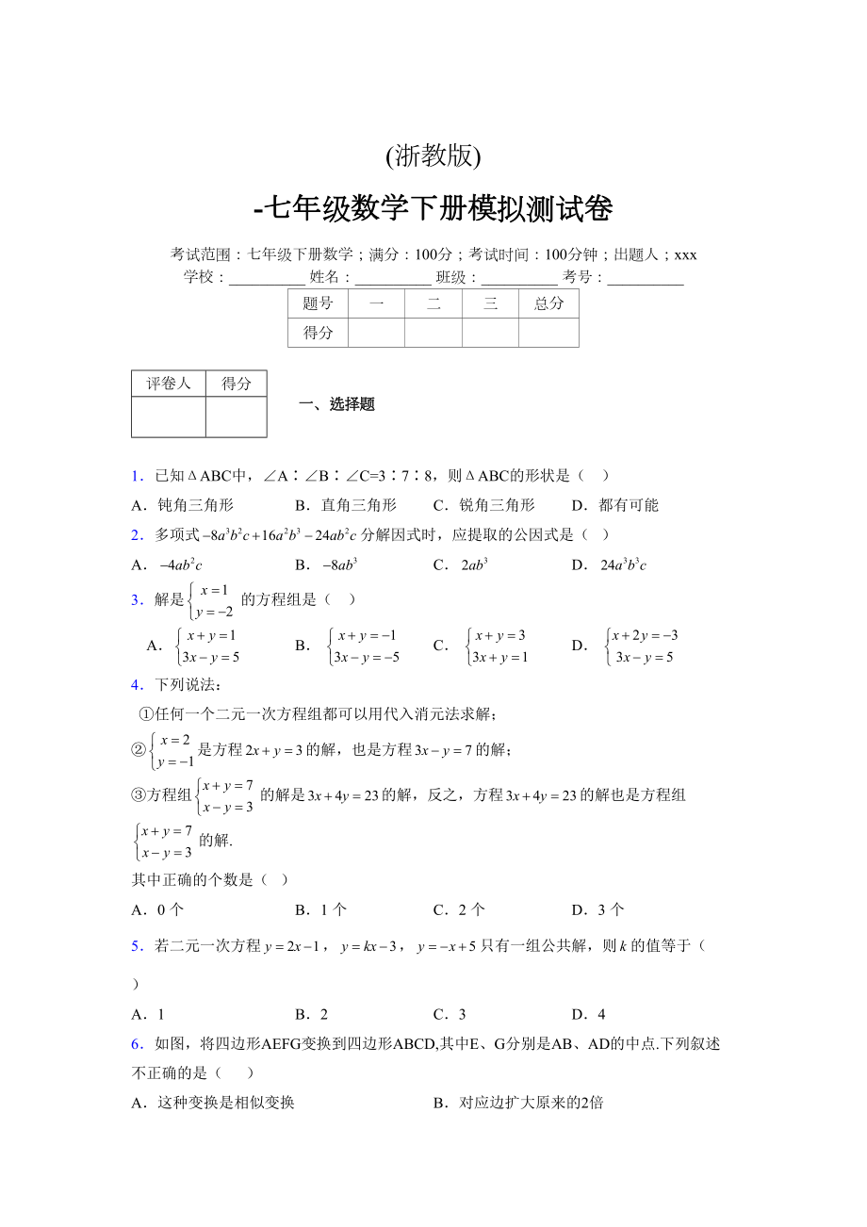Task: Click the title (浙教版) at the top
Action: coord(433,156)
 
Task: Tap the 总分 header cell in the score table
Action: coord(548,303)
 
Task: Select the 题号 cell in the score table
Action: coord(318,303)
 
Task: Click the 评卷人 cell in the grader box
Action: coord(169,384)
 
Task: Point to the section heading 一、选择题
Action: coord(336,404)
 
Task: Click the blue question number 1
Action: coord(137,476)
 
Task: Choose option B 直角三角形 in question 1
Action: coord(346,505)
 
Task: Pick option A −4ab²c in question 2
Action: coord(169,565)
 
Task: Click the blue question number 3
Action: coord(137,599)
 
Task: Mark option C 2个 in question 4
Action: coord(460,910)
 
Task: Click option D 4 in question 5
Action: coord(589,1015)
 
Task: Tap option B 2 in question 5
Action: coord(312,1015)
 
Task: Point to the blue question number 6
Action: coord(137,1044)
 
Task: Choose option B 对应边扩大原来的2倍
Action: coord(518,1103)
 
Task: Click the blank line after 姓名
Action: coord(393,278)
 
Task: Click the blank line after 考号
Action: coord(646,278)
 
